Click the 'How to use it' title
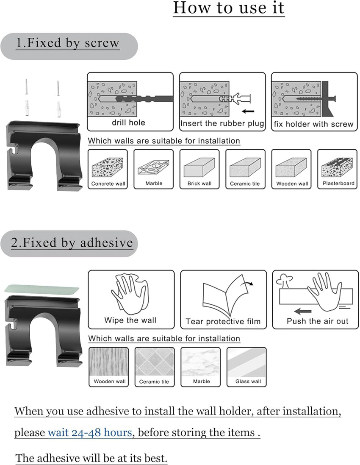(228, 8)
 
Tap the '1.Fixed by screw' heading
(68, 43)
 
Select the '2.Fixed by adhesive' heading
(72, 242)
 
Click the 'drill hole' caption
(128, 123)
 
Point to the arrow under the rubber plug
(248, 111)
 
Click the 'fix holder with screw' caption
(313, 124)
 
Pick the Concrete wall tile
(108, 169)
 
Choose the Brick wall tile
(199, 169)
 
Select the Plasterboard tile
(337, 169)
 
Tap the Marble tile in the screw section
(153, 169)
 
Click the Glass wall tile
(246, 367)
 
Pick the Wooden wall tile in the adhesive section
(109, 367)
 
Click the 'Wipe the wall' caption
(130, 320)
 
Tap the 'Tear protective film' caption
(223, 321)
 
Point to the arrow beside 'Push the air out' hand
(302, 312)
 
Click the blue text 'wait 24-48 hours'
(90, 432)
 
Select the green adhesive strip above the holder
(42, 289)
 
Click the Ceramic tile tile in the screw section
(245, 169)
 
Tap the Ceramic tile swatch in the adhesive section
(155, 367)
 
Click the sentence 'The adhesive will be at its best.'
(91, 458)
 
